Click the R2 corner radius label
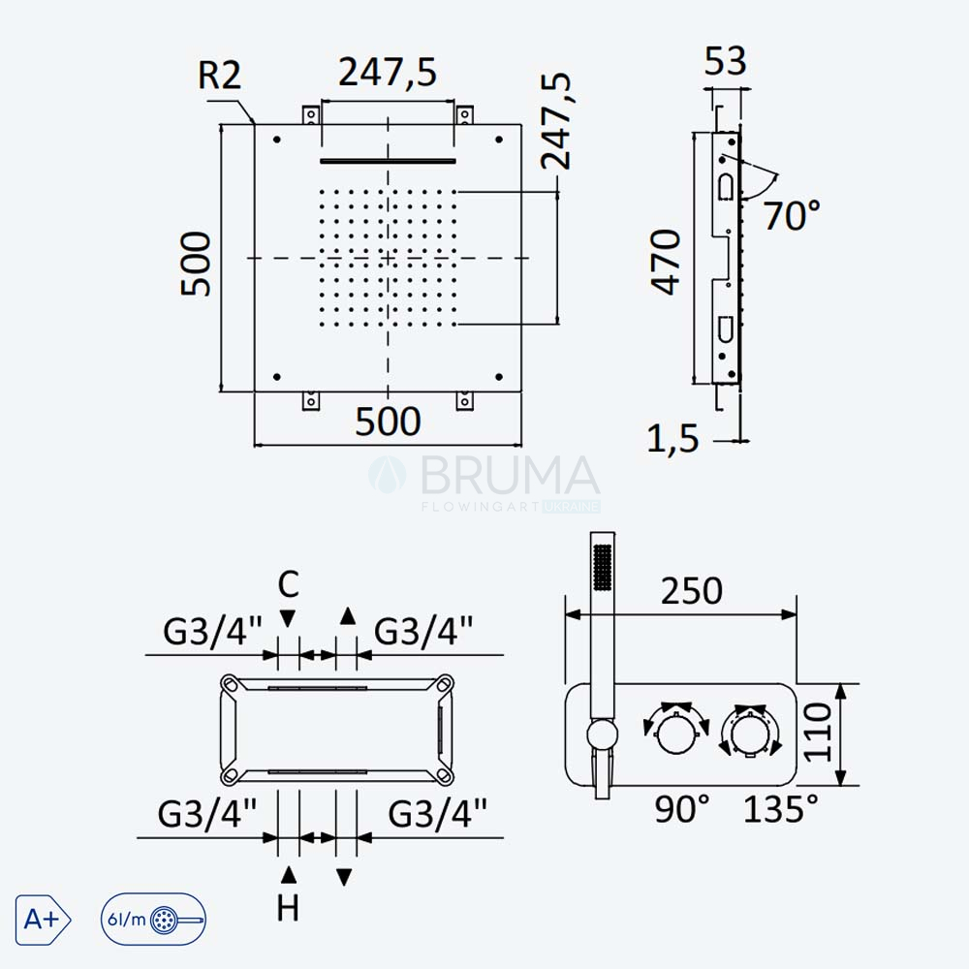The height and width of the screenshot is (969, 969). (x=219, y=76)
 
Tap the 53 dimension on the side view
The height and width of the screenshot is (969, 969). (x=726, y=60)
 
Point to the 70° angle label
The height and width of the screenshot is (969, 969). (x=793, y=215)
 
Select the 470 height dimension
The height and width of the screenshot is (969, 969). (x=666, y=262)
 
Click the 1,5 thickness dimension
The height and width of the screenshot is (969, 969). (x=672, y=438)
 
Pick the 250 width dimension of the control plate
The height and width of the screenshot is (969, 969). (x=692, y=591)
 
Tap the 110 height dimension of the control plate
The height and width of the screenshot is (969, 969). (x=817, y=732)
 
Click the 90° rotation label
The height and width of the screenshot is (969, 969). (x=682, y=808)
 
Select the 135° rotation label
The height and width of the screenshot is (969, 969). (x=780, y=808)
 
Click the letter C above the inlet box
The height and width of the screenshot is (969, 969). (x=289, y=584)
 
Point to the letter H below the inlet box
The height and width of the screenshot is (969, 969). (x=288, y=908)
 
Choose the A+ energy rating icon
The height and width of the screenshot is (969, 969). (x=43, y=920)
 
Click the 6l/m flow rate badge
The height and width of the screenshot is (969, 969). (x=153, y=920)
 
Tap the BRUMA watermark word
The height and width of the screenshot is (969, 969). (x=510, y=476)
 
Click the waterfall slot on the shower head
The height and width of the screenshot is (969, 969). (x=389, y=162)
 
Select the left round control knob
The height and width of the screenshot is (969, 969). (x=676, y=734)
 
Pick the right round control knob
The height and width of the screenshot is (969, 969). (x=750, y=734)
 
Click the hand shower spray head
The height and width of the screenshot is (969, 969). (x=603, y=567)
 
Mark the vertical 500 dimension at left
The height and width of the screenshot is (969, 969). (x=196, y=264)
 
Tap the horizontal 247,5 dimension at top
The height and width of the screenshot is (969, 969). (x=388, y=72)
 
